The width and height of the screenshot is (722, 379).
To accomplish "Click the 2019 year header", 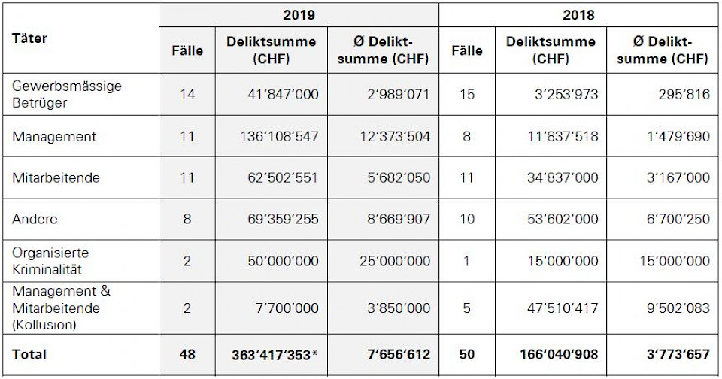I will click(299, 14).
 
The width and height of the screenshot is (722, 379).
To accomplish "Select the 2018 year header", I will click(579, 14).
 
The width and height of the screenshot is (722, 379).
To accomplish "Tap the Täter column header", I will click(29, 38).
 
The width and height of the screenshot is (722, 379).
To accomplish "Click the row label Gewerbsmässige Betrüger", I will click(67, 94).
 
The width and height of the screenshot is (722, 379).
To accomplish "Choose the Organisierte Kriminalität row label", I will click(50, 261).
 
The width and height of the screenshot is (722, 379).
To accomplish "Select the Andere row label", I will click(35, 219).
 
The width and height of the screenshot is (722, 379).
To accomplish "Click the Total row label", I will click(29, 354).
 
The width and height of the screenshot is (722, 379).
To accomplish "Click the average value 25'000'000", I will click(389, 261).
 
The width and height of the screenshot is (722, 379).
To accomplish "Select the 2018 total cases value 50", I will click(466, 354).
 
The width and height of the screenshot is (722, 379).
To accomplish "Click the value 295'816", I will click(683, 94).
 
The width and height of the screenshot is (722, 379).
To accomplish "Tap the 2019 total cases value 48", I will click(187, 354).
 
